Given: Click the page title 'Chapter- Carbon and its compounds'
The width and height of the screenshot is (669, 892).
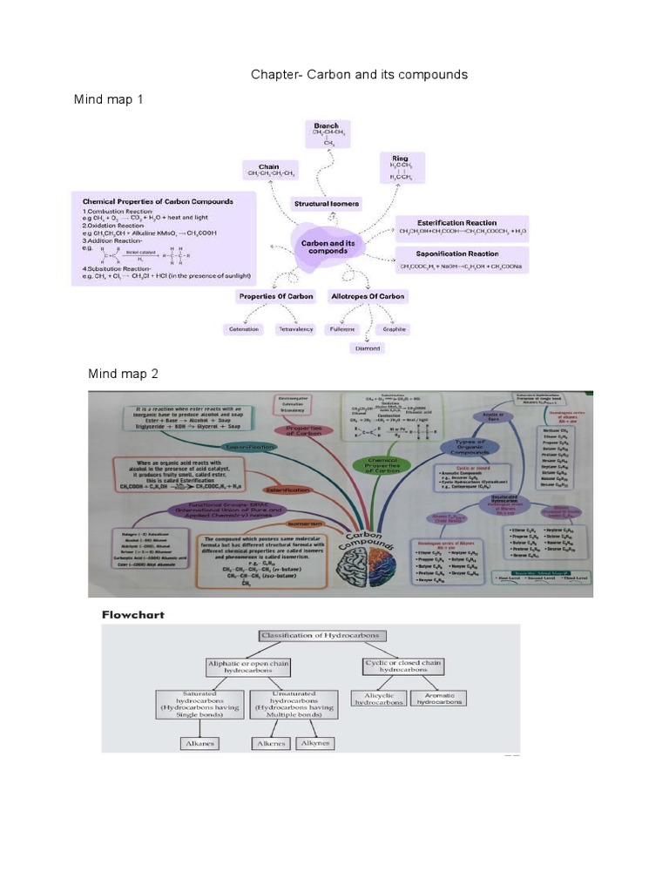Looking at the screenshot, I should pyautogui.click(x=359, y=74).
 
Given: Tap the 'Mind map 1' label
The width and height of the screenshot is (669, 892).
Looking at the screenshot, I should pyautogui.click(x=109, y=100).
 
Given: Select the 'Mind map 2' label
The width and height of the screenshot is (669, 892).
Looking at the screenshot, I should pyautogui.click(x=123, y=374).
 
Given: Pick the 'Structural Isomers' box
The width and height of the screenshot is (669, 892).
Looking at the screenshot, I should pyautogui.click(x=326, y=204).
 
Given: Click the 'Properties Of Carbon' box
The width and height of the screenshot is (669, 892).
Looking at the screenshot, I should pyautogui.click(x=276, y=296).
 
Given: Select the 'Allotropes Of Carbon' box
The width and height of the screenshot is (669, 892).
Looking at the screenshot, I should pyautogui.click(x=368, y=296).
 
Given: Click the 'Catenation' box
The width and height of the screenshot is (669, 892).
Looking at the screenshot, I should pyautogui.click(x=243, y=329).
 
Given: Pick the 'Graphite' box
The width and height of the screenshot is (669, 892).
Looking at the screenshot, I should pyautogui.click(x=394, y=329).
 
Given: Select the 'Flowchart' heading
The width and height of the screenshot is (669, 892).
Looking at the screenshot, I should pyautogui.click(x=133, y=614).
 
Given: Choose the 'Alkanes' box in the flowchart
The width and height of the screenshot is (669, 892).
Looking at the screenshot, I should pyautogui.click(x=199, y=744).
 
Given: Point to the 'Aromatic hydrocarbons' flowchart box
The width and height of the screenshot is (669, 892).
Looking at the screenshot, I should pyautogui.click(x=438, y=698).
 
